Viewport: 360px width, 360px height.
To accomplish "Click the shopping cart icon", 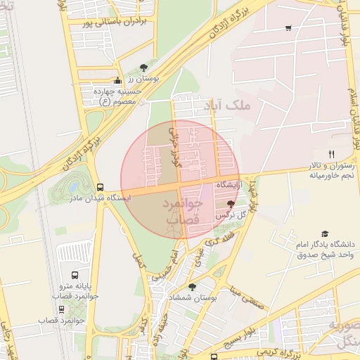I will [x=288, y=28].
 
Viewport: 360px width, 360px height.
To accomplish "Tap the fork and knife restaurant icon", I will [x=331, y=154].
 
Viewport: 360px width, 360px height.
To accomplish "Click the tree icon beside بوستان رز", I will [x=144, y=67].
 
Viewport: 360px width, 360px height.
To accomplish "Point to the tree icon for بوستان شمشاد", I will [x=192, y=287].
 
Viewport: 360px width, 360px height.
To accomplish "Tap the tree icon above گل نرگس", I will [x=231, y=202].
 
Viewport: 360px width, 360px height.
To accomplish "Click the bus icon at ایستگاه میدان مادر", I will [x=100, y=188].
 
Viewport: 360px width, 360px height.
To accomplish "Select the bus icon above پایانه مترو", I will [x=75, y=275].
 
